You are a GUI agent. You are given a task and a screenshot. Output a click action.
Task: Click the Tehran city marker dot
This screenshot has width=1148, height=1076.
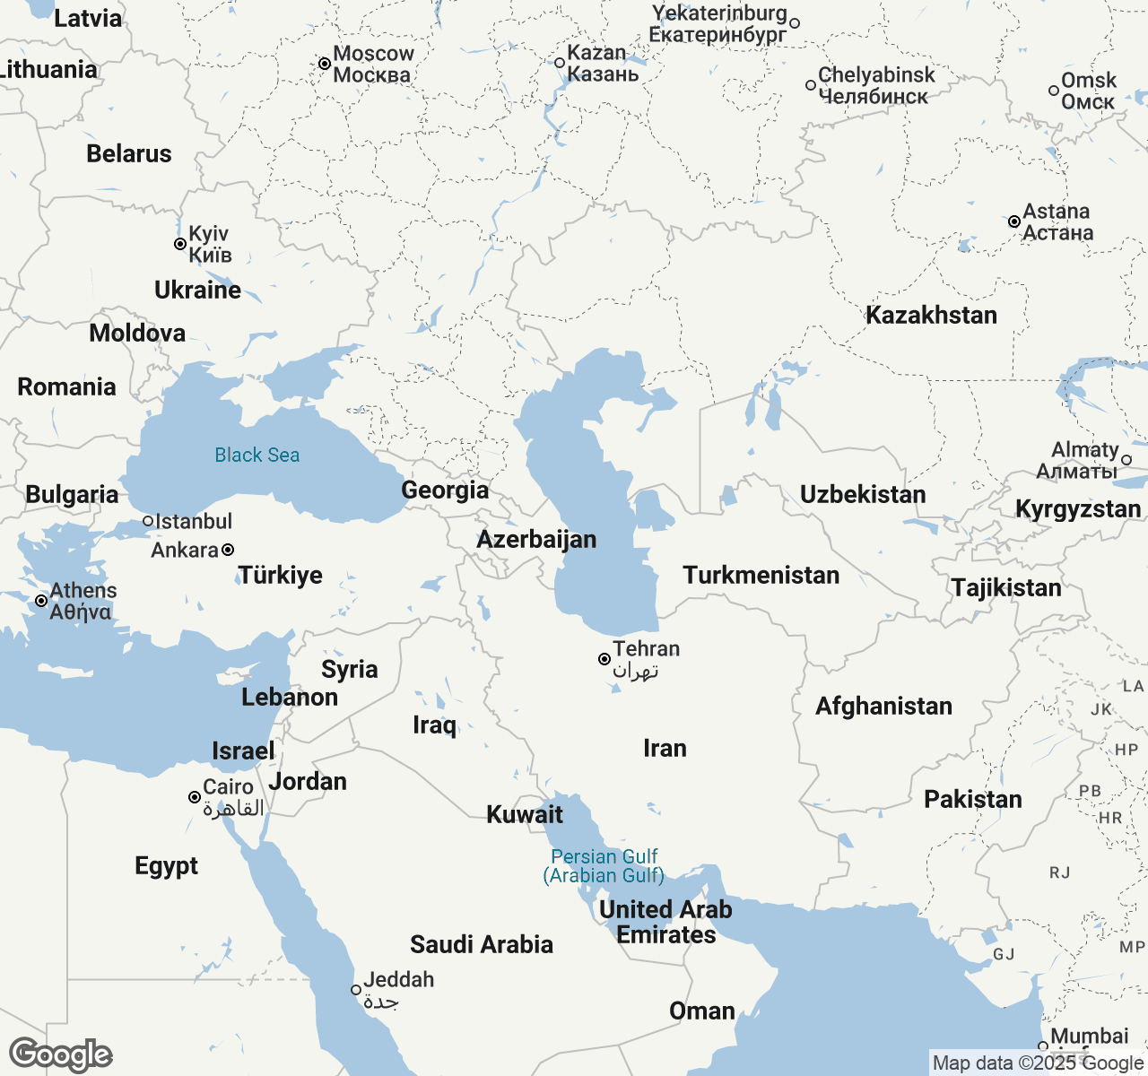pyautogui.click(x=604, y=659)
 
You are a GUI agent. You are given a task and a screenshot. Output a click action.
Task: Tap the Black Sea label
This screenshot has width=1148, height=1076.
pyautogui.click(x=257, y=455)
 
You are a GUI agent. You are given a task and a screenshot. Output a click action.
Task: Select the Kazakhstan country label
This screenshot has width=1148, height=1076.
pyautogui.click(x=931, y=315)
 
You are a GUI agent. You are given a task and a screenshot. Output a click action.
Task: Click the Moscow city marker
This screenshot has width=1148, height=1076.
pyautogui.click(x=325, y=64)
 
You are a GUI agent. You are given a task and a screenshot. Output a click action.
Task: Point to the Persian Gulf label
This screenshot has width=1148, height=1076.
pyautogui.click(x=604, y=865)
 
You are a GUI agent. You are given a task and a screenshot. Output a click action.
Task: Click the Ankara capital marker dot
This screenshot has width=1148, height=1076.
pyautogui.click(x=228, y=550)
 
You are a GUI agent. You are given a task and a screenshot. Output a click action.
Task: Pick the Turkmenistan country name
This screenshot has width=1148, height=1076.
pyautogui.click(x=761, y=575)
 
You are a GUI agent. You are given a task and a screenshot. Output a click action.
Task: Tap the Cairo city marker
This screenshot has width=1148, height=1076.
pyautogui.click(x=194, y=797)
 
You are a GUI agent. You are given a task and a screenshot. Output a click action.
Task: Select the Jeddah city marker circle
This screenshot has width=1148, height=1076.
pyautogui.click(x=356, y=990)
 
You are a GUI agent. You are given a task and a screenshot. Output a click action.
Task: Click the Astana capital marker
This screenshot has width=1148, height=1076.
pyautogui.click(x=1014, y=221)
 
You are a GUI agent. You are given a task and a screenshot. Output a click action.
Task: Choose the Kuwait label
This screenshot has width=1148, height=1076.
pyautogui.click(x=525, y=814)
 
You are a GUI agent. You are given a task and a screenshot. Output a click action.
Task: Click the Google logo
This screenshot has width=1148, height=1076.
pyautogui.click(x=60, y=1054)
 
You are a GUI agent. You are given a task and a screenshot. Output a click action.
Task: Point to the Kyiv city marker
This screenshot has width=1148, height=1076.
pyautogui.click(x=180, y=244)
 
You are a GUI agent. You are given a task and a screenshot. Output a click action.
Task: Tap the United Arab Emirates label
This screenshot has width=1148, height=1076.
pyautogui.click(x=665, y=922)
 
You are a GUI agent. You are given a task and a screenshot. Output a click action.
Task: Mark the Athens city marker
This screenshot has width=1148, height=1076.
pyautogui.click(x=41, y=601)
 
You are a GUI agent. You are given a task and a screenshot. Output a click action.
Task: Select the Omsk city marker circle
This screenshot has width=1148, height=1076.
pyautogui.click(x=1054, y=91)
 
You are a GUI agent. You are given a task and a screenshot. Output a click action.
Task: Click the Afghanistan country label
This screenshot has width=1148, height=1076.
pyautogui.click(x=883, y=706)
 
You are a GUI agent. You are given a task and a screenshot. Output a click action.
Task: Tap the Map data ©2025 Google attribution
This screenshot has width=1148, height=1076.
pyautogui.click(x=1038, y=1063)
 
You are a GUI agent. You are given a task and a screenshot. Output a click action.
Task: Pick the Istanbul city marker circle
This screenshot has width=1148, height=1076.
pyautogui.click(x=148, y=521)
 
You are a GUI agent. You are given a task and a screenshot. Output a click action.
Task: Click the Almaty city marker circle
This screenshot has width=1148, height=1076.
pyautogui.click(x=1126, y=460)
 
